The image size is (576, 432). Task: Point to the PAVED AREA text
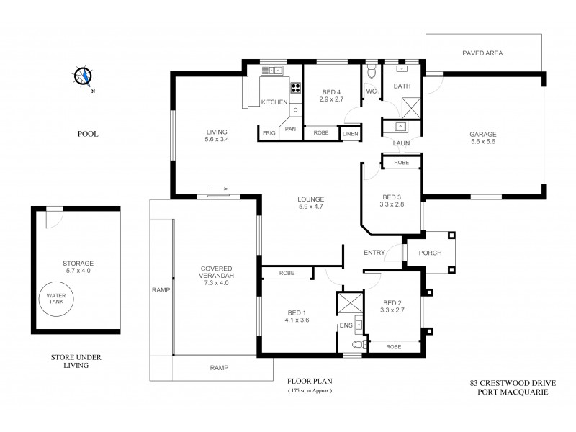pyautogui.click(x=482, y=53)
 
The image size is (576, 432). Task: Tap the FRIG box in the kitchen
pyautogui.click(x=269, y=133)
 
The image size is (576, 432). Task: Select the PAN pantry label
pyautogui.click(x=290, y=128)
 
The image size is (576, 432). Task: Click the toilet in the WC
pyautogui.click(x=372, y=73)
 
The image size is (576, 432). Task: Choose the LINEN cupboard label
pyautogui.click(x=350, y=133)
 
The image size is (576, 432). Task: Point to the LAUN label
pyautogui.click(x=402, y=144)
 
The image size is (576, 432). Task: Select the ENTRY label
pyautogui.click(x=374, y=252)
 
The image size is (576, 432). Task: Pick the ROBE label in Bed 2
pyautogui.click(x=393, y=347)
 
